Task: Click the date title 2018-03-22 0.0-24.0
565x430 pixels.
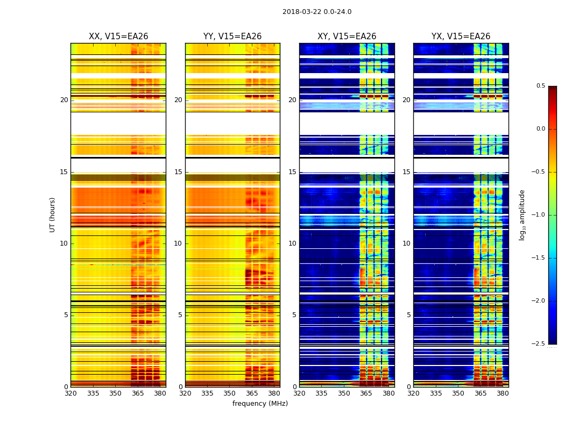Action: click(x=316, y=12)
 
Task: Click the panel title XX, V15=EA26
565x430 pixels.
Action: click(x=118, y=37)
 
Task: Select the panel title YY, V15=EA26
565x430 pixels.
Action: click(x=232, y=37)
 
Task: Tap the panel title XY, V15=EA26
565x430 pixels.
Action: click(x=347, y=37)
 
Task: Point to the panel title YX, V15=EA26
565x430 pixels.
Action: click(x=461, y=37)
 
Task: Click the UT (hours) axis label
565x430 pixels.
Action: click(x=53, y=214)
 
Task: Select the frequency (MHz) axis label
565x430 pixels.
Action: click(x=260, y=404)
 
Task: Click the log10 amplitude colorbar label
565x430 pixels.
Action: click(x=522, y=214)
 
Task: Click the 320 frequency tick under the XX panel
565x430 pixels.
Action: click(x=70, y=393)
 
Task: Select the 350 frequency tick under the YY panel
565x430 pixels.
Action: click(x=230, y=393)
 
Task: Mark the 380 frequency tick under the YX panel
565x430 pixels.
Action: click(x=503, y=393)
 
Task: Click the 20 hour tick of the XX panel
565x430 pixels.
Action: click(x=64, y=100)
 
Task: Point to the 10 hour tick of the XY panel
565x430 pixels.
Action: click(x=292, y=243)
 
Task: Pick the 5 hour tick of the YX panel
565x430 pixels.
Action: click(x=408, y=315)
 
